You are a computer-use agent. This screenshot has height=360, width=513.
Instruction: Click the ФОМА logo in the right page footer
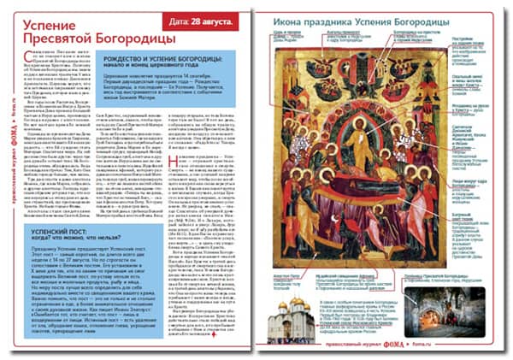click(409, 350)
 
